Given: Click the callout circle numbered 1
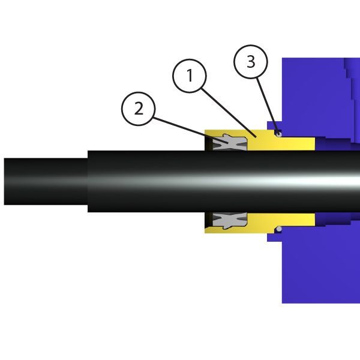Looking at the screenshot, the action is (x=190, y=76).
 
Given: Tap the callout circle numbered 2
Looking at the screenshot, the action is (x=139, y=109).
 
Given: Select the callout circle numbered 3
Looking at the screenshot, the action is (x=251, y=62).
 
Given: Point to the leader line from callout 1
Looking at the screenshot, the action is (x=229, y=113).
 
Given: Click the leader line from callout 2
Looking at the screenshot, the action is (x=191, y=130).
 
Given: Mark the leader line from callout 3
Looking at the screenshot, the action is (x=268, y=106).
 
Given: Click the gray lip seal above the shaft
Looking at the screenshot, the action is (x=230, y=142).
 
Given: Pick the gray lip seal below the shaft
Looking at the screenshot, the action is (x=230, y=221).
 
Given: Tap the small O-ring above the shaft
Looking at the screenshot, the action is (x=279, y=134).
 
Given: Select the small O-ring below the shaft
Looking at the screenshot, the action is (x=279, y=229).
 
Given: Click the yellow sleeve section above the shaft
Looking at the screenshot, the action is (x=260, y=140).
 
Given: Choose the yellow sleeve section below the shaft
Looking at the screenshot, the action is (x=260, y=223).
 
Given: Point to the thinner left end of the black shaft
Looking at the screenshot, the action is (x=46, y=181).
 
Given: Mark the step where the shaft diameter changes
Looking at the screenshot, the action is (x=88, y=181).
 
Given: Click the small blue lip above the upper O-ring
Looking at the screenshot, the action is (x=275, y=125).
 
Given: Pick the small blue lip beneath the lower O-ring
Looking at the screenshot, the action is (x=275, y=238).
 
